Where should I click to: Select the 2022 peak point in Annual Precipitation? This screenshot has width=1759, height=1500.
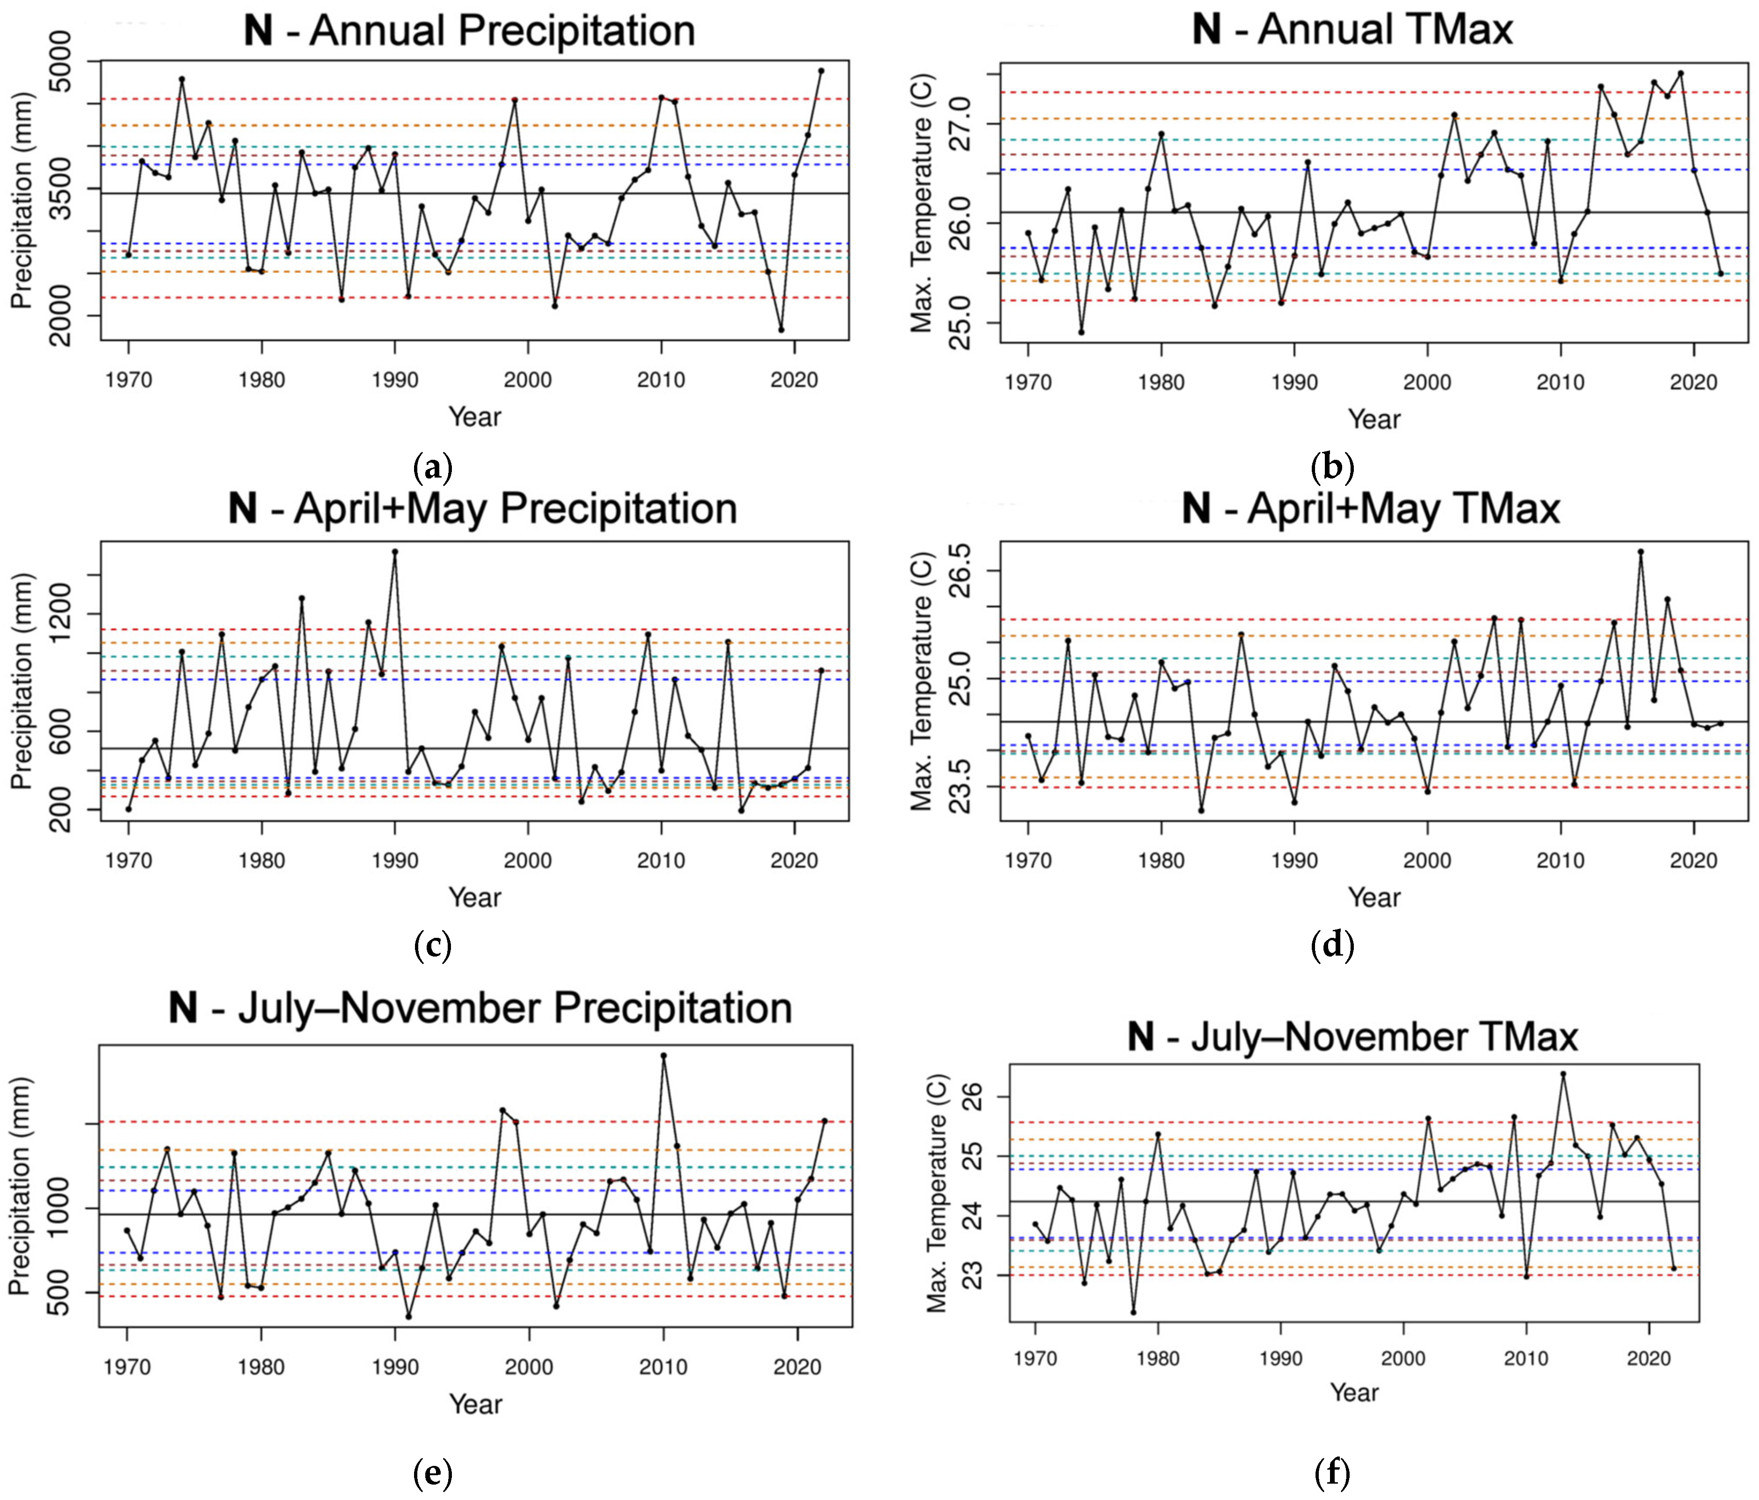[821, 71]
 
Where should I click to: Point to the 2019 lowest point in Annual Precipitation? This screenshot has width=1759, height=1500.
[781, 329]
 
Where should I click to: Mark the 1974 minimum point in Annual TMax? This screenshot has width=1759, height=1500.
[1081, 332]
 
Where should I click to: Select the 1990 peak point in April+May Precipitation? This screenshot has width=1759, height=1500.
[395, 552]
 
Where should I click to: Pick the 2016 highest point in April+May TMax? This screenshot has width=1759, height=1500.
[1641, 552]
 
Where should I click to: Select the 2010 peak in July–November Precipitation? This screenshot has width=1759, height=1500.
[664, 1055]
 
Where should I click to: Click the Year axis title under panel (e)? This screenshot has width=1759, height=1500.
[475, 1403]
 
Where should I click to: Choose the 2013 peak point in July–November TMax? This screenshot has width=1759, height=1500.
[1563, 1074]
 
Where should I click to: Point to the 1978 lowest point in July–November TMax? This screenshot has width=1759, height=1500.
[1133, 1313]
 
